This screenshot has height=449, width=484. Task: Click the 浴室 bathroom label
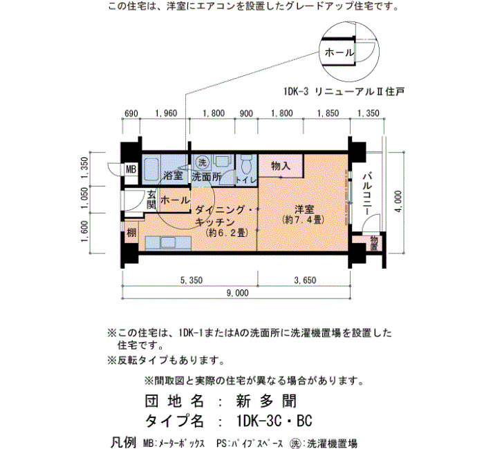click(173, 175)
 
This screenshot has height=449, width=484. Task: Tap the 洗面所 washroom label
click(207, 177)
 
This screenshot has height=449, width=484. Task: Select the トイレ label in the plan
click(246, 180)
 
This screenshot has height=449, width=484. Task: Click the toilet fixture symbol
click(246, 164)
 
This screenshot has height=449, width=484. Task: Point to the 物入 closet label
click(280, 166)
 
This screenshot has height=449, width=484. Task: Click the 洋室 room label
click(304, 209)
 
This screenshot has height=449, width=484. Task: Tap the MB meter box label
click(131, 169)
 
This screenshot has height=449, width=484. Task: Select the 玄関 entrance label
click(151, 200)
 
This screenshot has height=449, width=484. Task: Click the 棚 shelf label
click(131, 232)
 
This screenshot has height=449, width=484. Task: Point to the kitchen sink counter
click(168, 242)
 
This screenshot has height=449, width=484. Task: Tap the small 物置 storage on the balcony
click(374, 242)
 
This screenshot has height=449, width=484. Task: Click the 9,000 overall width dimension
click(237, 293)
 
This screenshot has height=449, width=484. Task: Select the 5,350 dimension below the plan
click(192, 280)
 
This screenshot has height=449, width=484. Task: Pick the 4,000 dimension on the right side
click(398, 201)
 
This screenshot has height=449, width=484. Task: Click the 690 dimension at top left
click(131, 113)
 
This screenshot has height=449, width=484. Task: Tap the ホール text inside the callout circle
click(339, 52)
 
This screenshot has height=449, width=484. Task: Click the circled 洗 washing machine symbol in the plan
click(202, 162)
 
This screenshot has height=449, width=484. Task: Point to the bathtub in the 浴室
click(151, 169)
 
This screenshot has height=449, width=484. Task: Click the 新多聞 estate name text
click(266, 401)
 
